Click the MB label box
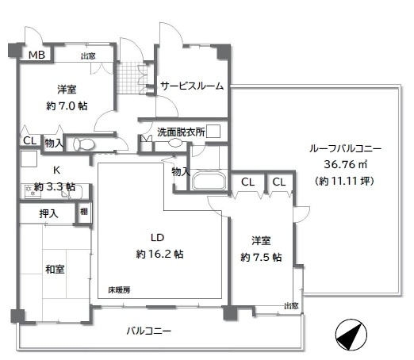(x=36, y=55)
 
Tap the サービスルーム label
(x=191, y=86)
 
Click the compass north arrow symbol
(x=350, y=335)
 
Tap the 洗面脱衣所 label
(x=179, y=132)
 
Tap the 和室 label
(x=55, y=270)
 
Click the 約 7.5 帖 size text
(x=261, y=256)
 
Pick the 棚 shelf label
(x=83, y=213)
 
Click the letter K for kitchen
(x=56, y=170)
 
